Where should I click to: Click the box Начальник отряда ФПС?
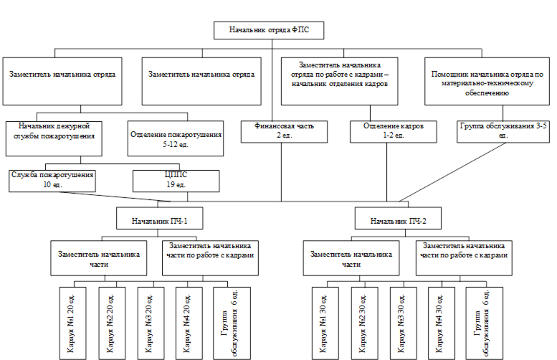pyautogui.click(x=269, y=30)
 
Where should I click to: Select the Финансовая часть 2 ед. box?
pyautogui.click(x=284, y=131)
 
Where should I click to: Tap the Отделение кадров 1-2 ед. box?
pyautogui.click(x=394, y=131)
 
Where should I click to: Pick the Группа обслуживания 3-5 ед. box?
pyautogui.click(x=503, y=131)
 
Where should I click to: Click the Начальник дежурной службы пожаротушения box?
pyautogui.click(x=54, y=138)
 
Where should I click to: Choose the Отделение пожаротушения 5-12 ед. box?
pyautogui.click(x=176, y=138)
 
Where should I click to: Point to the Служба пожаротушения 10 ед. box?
pyautogui.click(x=52, y=181)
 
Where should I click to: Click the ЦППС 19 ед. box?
pyautogui.click(x=176, y=181)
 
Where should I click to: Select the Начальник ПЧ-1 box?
pyautogui.click(x=159, y=218)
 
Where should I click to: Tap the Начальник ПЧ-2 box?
pyautogui.click(x=398, y=218)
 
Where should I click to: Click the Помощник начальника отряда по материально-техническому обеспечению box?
pyautogui.click(x=487, y=81)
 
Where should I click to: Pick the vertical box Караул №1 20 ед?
pyautogui.click(x=72, y=323)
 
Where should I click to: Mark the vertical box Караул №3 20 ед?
pyautogui.click(x=151, y=323)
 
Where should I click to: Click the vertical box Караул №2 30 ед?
pyautogui.click(x=364, y=323)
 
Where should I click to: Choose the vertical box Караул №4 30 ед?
pyautogui.click(x=441, y=323)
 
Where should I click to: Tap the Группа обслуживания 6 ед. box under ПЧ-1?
pyautogui.click(x=232, y=323)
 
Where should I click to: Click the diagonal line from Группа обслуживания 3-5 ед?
pyautogui.click(x=452, y=172)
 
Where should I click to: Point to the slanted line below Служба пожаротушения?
pyautogui.click(x=115, y=197)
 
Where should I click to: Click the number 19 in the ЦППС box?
pyautogui.click(x=170, y=185)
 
